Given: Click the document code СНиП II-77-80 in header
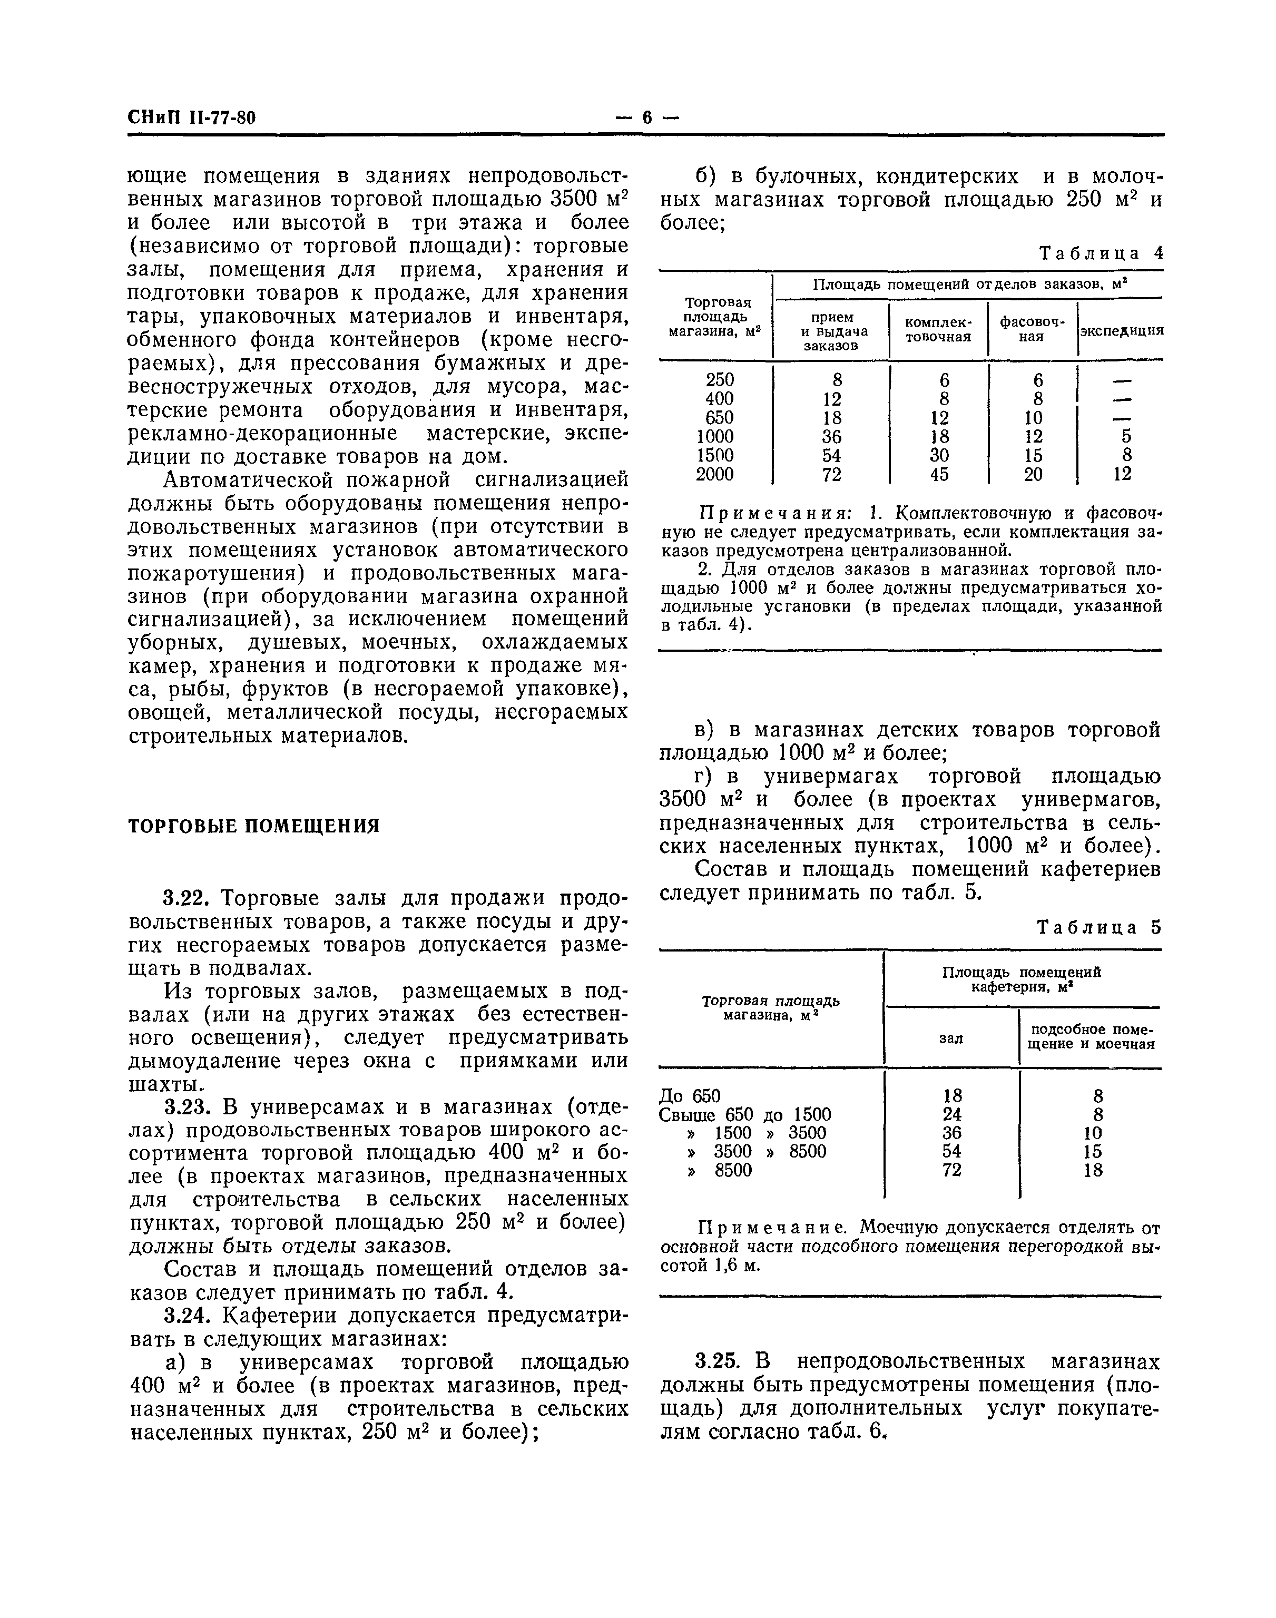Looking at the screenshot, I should [192, 118].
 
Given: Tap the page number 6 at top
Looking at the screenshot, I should [647, 118].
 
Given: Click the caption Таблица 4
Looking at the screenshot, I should [1101, 253].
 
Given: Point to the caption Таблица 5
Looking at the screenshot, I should [1100, 928].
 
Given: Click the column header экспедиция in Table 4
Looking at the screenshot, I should [1121, 330].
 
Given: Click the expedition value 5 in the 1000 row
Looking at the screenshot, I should [1126, 436].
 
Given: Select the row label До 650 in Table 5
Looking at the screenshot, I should [690, 1096].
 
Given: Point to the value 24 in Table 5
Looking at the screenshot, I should [952, 1114].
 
